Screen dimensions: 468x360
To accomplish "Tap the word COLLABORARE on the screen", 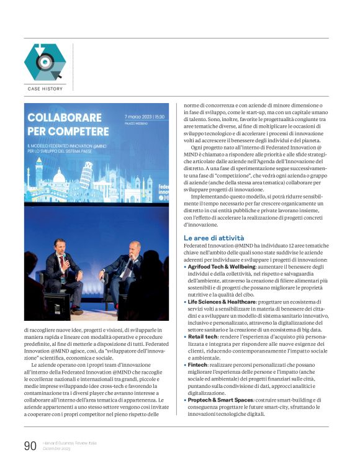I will point(65,117).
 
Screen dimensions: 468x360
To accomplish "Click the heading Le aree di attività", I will point(214,238).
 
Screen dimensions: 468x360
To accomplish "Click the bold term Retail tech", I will point(204,336).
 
